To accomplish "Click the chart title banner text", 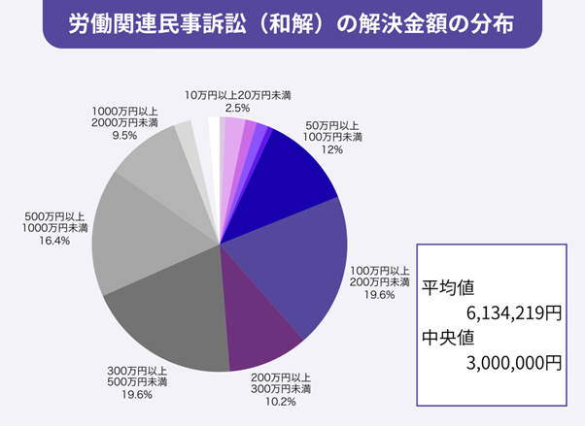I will [292, 22].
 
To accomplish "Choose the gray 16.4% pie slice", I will [136, 233].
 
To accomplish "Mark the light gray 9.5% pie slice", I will [155, 165].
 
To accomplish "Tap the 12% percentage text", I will [334, 150].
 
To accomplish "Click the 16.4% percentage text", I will [54, 241].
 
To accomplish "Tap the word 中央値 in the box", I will [449, 338].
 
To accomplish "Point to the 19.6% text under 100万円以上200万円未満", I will [373, 296].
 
